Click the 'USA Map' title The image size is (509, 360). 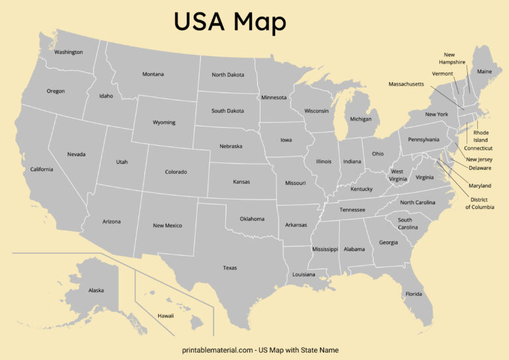click(230, 22)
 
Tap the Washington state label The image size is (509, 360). click(69, 52)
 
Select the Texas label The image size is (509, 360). click(230, 268)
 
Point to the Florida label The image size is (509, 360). click(414, 294)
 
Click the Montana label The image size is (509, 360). click(153, 74)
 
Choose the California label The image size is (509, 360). click(42, 169)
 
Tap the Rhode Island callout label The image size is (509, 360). click(481, 137)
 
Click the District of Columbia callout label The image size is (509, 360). click(480, 204)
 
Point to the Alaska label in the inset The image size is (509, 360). click(96, 290)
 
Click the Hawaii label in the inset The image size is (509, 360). click(166, 316)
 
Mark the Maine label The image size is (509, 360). click(484, 72)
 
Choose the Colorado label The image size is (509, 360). click(176, 172)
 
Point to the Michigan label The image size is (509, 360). click(361, 119)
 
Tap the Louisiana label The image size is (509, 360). click(304, 274)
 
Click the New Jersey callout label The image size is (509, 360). click(480, 159)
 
